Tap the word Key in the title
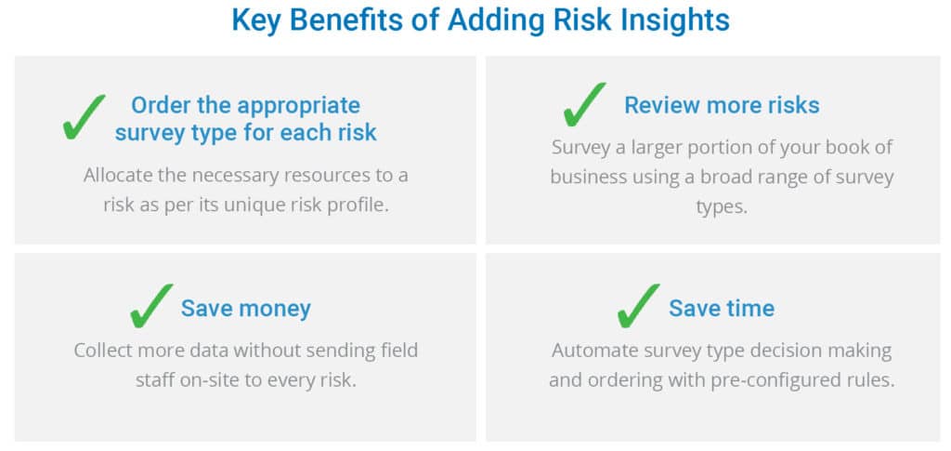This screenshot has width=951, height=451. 256,20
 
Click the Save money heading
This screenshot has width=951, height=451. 245,309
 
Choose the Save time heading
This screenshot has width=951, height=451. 722,309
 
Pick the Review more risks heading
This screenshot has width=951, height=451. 722,105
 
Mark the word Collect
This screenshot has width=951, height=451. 104,351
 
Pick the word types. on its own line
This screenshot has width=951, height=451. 722,207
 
